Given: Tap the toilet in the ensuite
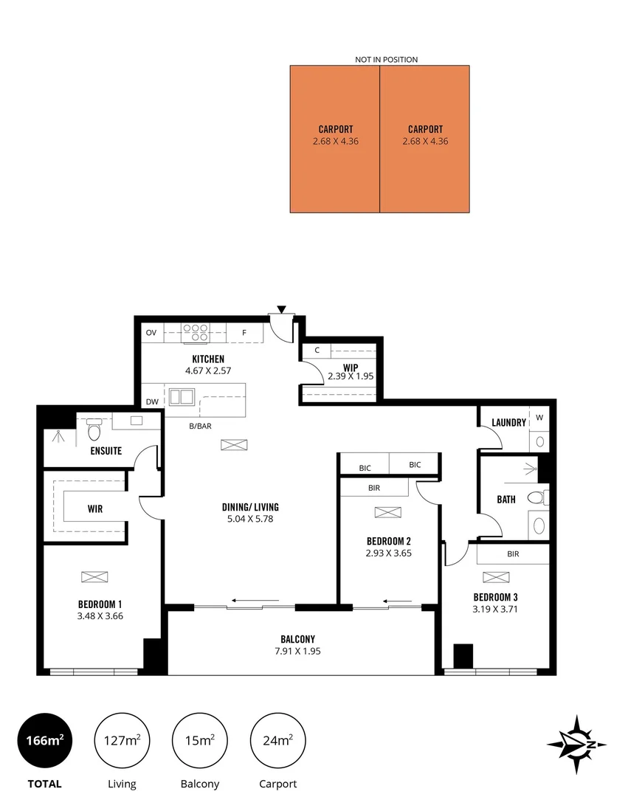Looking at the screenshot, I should [x=94, y=430].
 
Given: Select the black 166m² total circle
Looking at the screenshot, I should [x=44, y=740].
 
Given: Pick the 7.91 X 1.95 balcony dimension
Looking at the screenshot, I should [x=300, y=651].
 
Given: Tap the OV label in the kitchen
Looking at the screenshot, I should [x=151, y=333].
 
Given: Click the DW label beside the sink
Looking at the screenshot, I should [x=152, y=401].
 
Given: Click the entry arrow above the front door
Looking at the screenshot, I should [x=281, y=308].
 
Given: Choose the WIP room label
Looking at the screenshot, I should [x=351, y=366].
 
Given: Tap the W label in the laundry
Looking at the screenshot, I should [x=539, y=418].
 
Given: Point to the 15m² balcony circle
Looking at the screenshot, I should [x=199, y=740].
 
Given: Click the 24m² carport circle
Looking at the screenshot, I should [x=277, y=740].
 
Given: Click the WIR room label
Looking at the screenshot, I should [x=94, y=508].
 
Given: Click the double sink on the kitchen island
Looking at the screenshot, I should [x=181, y=396].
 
